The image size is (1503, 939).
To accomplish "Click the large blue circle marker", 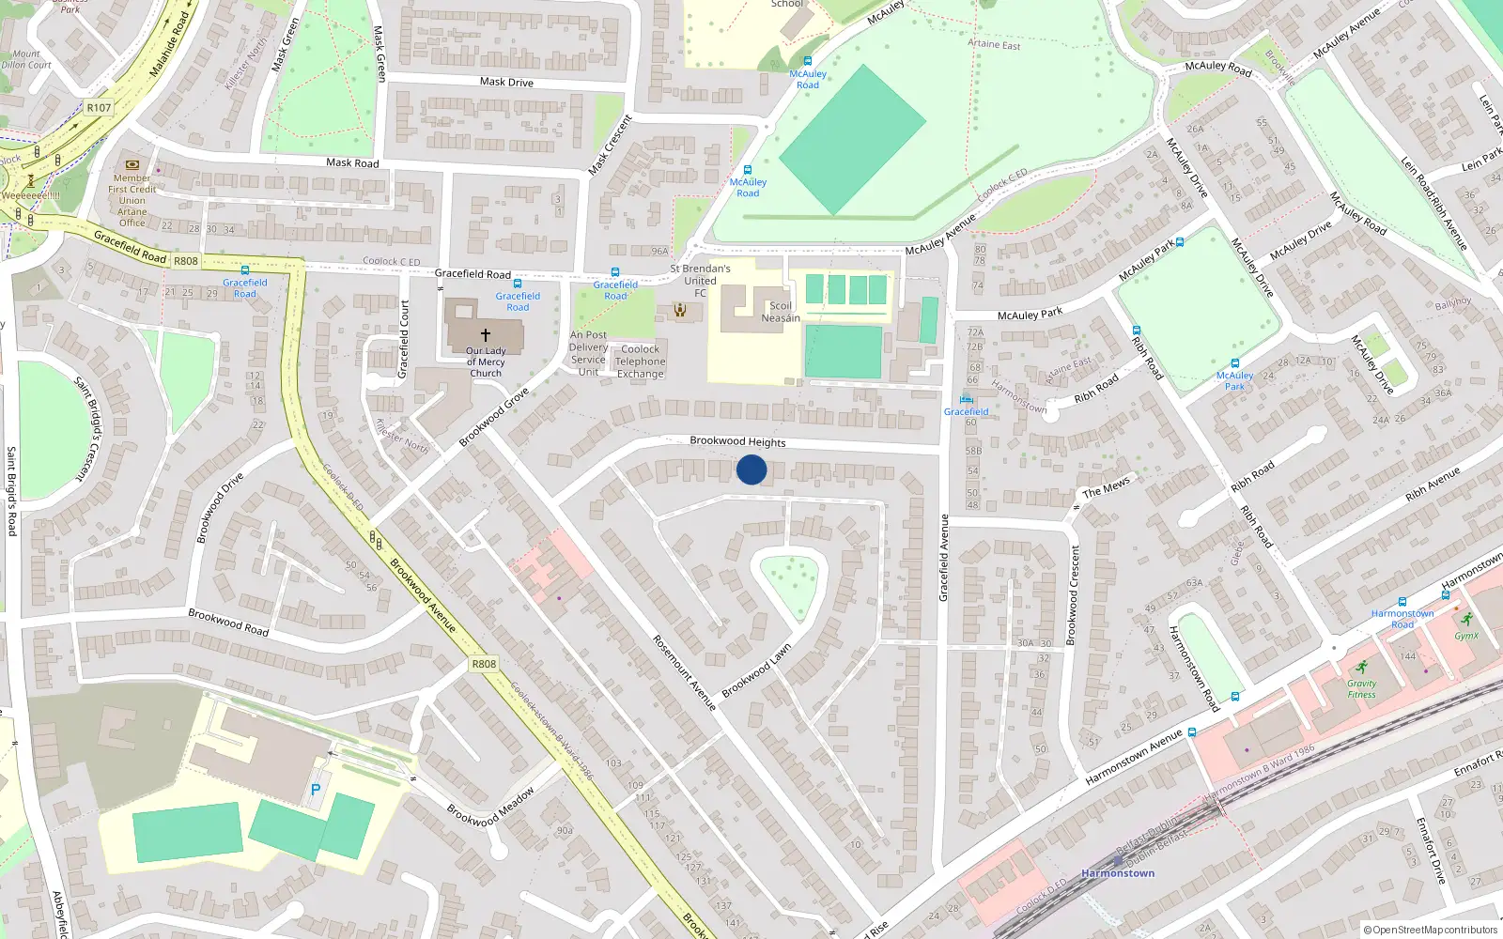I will [751, 469].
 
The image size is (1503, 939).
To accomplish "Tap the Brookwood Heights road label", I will [737, 441].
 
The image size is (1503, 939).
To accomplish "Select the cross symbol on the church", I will [486, 334].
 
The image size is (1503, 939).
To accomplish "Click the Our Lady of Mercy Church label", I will [486, 362].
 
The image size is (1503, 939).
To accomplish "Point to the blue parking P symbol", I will [316, 790].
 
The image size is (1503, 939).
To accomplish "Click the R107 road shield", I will [99, 108].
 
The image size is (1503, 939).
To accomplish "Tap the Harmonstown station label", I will [1118, 873].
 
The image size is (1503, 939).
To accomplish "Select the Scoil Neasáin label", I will [781, 312].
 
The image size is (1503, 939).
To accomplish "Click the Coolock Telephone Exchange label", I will [641, 362].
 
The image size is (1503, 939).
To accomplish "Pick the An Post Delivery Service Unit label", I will [588, 353].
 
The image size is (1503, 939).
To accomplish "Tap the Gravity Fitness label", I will [1361, 689].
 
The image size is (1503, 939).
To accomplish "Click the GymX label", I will [1466, 636].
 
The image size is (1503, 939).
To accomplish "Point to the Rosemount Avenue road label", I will [684, 671].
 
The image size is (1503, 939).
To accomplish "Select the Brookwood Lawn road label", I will [756, 670].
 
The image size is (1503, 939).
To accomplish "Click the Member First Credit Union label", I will [132, 200].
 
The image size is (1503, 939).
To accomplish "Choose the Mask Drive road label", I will [506, 82].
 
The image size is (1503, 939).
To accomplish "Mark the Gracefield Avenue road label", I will [944, 558].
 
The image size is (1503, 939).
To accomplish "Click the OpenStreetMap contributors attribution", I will [1431, 930].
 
